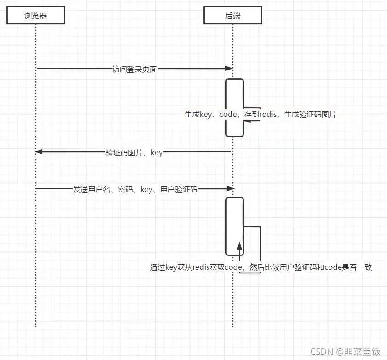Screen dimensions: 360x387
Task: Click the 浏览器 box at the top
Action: [36, 16]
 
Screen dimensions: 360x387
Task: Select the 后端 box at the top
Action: [233, 16]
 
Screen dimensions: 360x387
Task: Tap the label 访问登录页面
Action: [135, 70]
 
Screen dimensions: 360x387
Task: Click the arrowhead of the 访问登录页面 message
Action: [229, 69]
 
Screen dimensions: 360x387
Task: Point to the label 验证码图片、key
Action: [134, 152]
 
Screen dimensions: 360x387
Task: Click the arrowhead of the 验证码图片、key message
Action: [39, 151]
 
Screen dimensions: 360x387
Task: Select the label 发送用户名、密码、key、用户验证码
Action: [135, 189]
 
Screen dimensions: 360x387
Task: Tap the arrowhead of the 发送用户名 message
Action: [231, 188]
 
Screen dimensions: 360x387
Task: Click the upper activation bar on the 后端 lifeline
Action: [234, 107]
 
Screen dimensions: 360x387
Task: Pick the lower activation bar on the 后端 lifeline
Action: [234, 226]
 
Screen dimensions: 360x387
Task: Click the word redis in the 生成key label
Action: [268, 115]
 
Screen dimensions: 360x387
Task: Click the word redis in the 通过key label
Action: [201, 267]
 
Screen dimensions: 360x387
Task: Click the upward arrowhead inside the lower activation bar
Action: [239, 247]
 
